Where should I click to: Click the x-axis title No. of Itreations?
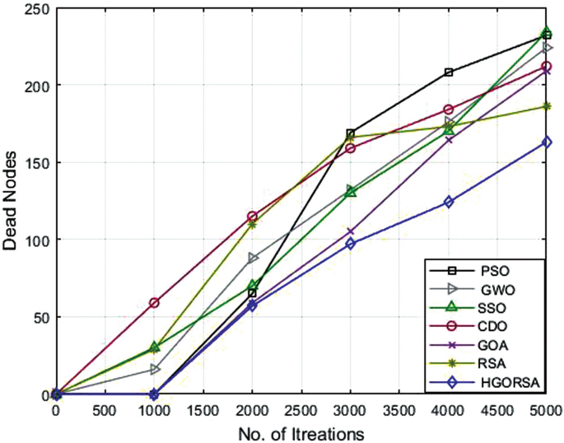[301, 431]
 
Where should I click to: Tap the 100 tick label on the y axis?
[36, 240]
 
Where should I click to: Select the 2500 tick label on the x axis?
[301, 409]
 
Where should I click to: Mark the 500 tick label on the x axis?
[105, 409]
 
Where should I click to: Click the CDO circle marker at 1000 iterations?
[154, 303]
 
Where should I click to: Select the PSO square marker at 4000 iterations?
[449, 72]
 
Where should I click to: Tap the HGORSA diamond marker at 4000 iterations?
[449, 202]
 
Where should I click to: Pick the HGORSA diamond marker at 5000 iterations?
[547, 142]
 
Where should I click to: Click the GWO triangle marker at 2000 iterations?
[252, 258]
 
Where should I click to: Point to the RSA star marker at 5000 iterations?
[547, 106]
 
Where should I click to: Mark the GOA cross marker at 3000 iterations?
[350, 231]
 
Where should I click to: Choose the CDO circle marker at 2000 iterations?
[252, 217]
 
